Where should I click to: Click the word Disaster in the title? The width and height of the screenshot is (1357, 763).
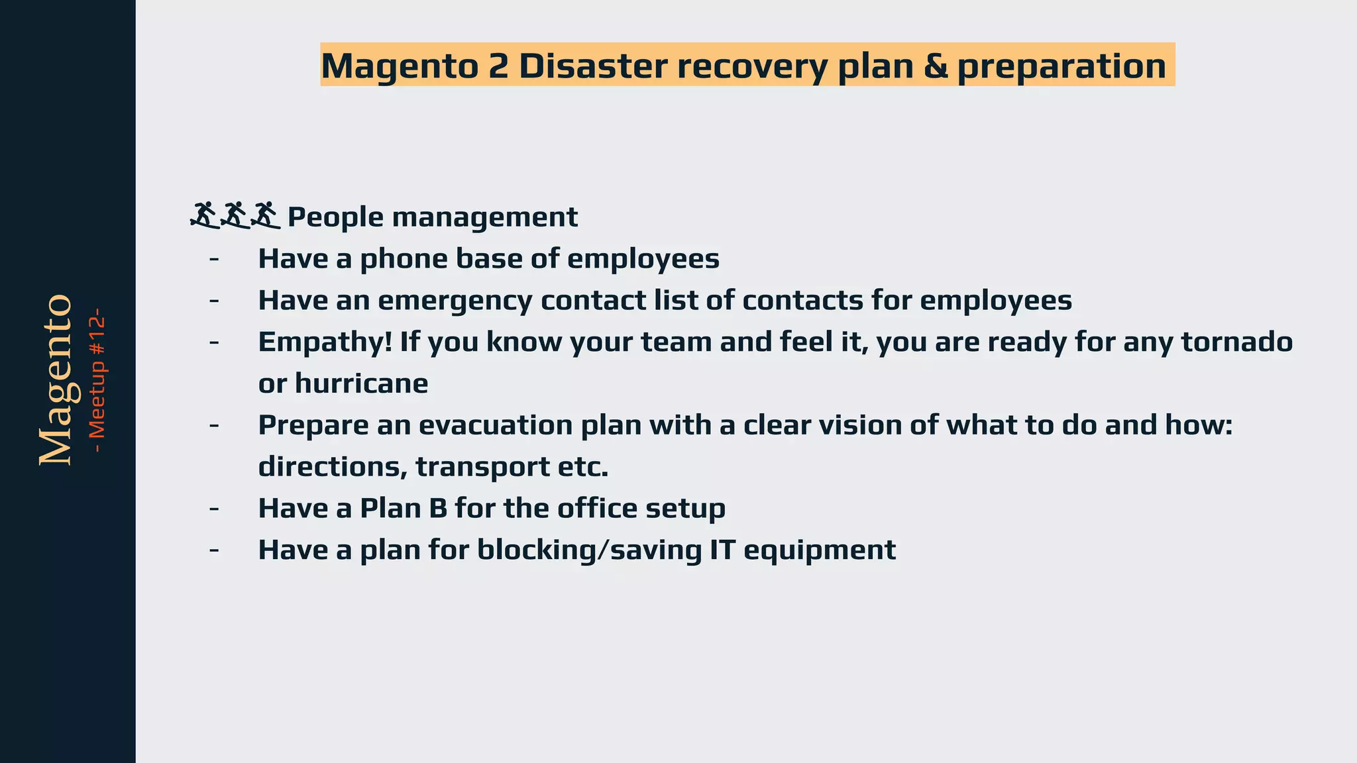coord(593,66)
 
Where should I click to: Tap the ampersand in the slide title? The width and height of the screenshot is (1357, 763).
coord(935,66)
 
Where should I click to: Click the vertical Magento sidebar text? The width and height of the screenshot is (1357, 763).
coord(56,380)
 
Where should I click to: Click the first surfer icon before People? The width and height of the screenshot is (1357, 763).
coord(204,215)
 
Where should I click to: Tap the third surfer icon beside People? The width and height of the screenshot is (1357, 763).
coord(266,215)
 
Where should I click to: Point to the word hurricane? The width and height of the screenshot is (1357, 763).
coord(361,383)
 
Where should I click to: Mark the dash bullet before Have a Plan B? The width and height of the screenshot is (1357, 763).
coord(213,508)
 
